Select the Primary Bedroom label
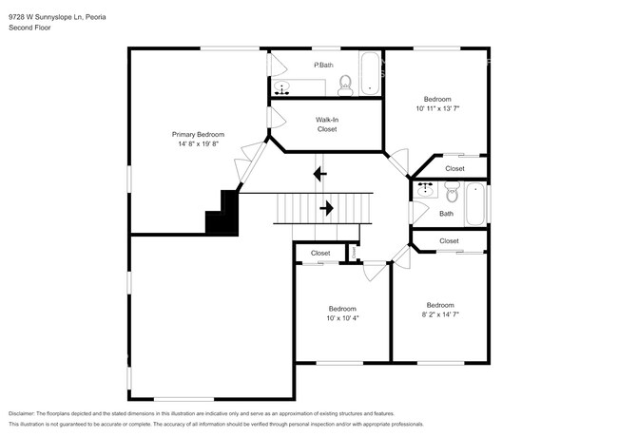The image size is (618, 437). point(197,134)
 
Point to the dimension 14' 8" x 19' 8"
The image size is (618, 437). point(197,144)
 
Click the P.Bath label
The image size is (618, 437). point(324,65)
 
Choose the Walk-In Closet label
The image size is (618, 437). point(327,124)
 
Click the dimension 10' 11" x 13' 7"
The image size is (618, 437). point(437,109)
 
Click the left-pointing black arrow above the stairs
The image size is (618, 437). point(320,174)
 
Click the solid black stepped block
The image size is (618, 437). point(223,215)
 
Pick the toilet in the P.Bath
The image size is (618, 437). point(346,86)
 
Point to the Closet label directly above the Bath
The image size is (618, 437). point(454,168)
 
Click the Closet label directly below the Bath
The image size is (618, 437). point(449,241)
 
